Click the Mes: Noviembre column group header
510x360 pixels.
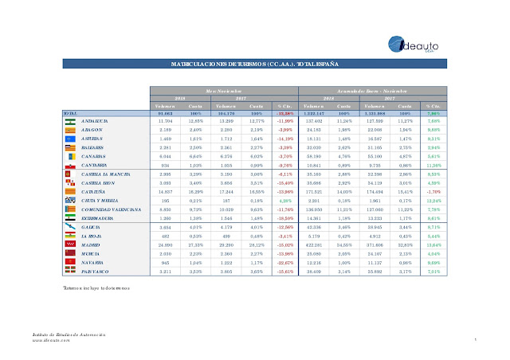click(x=231, y=92)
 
